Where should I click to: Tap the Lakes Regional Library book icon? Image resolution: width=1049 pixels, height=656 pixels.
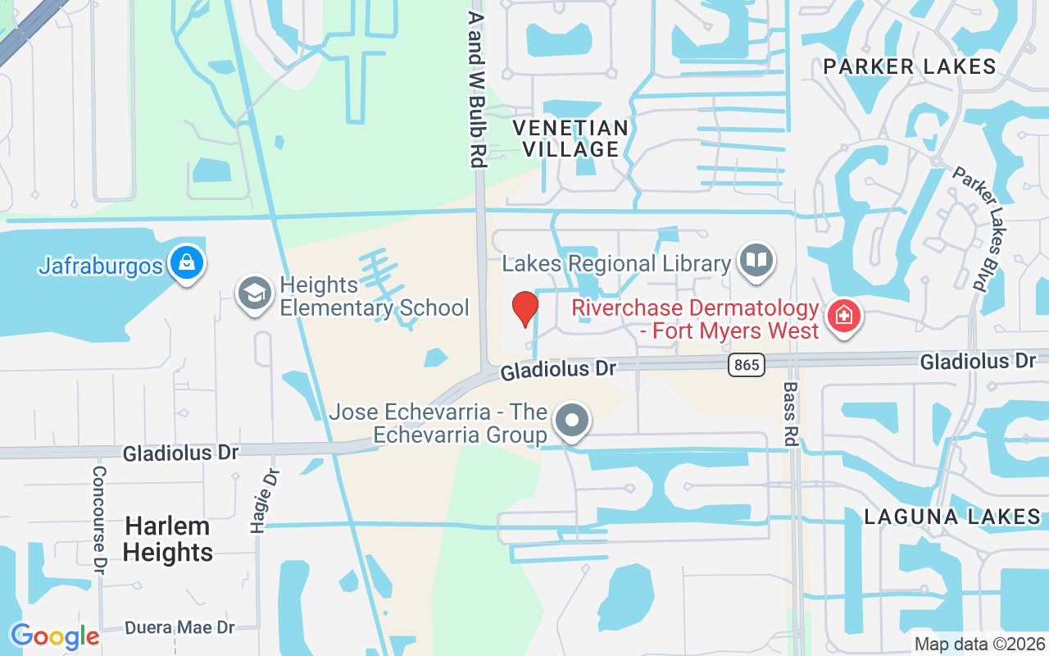tap(756, 261)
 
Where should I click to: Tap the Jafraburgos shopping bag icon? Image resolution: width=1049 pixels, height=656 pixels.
tap(187, 263)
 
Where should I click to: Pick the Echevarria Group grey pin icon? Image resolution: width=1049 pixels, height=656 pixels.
tap(572, 421)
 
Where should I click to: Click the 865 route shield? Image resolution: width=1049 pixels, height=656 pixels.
tap(745, 365)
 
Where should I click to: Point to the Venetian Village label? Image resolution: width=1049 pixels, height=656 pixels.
tap(570, 139)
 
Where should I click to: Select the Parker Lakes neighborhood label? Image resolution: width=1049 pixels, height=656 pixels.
tap(910, 66)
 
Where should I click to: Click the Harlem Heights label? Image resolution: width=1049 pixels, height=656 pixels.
tap(168, 539)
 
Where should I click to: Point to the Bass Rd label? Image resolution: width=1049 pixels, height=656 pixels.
tap(790, 413)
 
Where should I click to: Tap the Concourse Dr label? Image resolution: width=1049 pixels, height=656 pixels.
tap(100, 519)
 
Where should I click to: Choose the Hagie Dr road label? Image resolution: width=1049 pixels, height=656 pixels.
tap(265, 500)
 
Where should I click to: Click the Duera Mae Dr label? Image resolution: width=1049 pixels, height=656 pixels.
tap(179, 627)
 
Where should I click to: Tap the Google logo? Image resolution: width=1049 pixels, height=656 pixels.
tap(54, 636)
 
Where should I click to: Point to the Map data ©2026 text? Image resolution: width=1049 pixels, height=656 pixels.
tap(979, 645)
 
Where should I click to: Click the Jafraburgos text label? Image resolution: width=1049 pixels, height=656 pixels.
tap(101, 266)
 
